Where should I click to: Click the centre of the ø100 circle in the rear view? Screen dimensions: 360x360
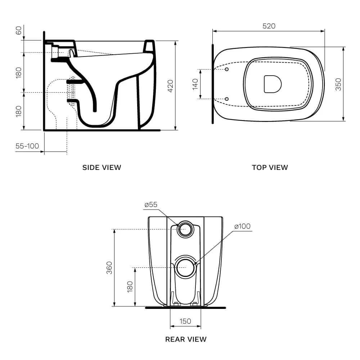point(185,268)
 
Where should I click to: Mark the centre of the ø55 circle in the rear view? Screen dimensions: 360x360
point(185,229)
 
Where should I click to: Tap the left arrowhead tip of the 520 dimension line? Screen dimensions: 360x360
point(213,31)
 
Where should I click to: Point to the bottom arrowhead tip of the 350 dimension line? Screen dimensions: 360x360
point(343,121)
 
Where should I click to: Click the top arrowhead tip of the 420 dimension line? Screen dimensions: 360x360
point(176,41)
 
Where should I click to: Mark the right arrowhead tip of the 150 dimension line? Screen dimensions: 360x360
point(201,326)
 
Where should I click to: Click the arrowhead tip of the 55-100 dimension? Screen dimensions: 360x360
point(44,152)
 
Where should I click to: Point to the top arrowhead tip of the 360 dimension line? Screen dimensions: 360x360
point(114,229)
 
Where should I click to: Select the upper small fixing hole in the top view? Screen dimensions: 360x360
point(226,69)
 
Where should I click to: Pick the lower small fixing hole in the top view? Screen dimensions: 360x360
point(226,99)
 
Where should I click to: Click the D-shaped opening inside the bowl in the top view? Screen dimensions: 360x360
point(273,84)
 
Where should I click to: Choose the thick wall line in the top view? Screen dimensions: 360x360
point(213,84)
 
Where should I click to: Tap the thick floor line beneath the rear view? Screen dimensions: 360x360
point(185,308)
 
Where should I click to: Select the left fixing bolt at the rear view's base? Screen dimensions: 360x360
point(176,304)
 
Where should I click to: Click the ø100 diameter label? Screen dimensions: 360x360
point(242,226)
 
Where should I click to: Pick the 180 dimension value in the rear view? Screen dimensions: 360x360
point(130,287)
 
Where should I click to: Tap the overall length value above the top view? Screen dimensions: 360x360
point(269,26)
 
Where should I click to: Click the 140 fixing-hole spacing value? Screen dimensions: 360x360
point(195,84)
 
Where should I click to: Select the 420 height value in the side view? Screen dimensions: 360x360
point(170,86)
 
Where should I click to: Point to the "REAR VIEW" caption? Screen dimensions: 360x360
point(186,339)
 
